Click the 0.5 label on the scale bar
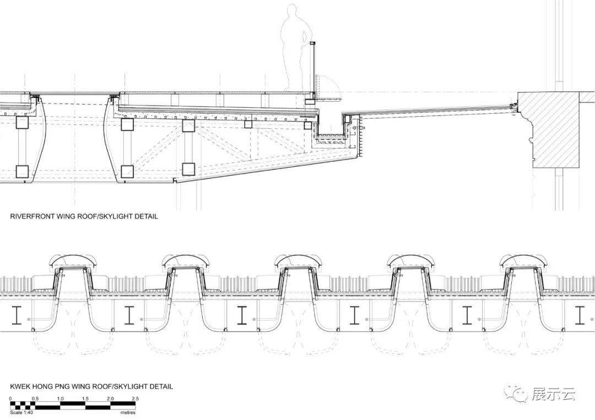pyautogui.click(x=35, y=399)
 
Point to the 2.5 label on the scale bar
pyautogui.click(x=135, y=399)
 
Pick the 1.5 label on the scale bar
pyautogui.click(x=85, y=399)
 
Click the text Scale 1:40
pyautogui.click(x=22, y=413)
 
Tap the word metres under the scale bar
pyautogui.click(x=128, y=413)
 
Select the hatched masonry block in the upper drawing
pyautogui.click(x=549, y=129)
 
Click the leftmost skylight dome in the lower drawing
pyautogui.click(x=73, y=261)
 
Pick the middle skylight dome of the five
pyautogui.click(x=298, y=261)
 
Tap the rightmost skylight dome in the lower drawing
pyautogui.click(x=523, y=261)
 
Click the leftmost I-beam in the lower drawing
pyautogui.click(x=17, y=315)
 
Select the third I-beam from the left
pyautogui.click(x=242, y=315)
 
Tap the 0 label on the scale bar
pyautogui.click(x=10, y=399)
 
